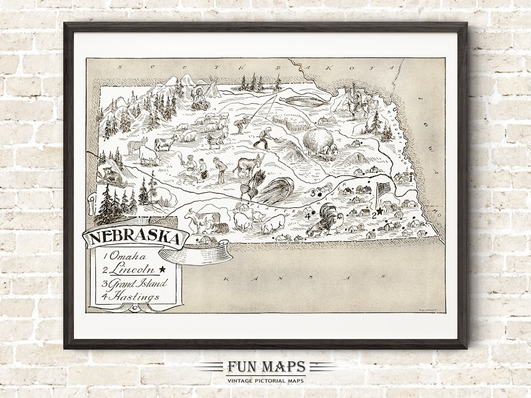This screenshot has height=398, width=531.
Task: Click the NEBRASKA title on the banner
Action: coord(134,238)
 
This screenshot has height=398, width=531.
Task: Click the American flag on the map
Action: coord(383,189)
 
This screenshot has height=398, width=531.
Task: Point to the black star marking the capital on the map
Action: coord(380,211)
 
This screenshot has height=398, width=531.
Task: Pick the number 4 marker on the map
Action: coord(308,216)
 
